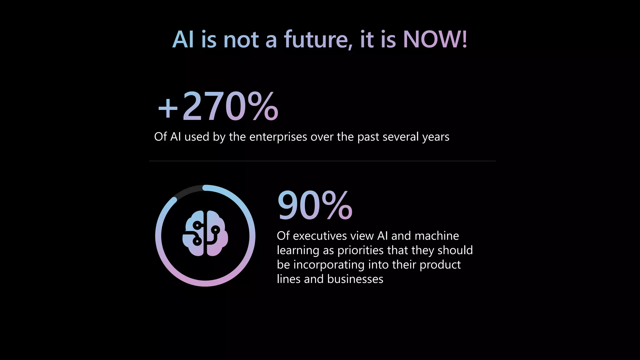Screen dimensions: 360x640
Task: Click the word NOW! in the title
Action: (435, 40)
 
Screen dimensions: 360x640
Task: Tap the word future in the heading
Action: (318, 40)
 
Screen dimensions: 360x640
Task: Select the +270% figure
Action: (218, 107)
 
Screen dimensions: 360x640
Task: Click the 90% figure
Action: (315, 206)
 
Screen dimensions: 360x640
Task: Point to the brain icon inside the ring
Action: (205, 233)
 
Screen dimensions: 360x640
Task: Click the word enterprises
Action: (278, 137)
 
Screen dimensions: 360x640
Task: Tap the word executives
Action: (320, 236)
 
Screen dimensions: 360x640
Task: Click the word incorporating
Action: (329, 265)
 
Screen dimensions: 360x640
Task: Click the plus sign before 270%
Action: (168, 108)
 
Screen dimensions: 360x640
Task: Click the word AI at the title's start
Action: (183, 40)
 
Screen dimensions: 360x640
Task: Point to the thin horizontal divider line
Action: (322, 161)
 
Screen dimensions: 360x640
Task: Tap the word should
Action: (455, 250)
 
